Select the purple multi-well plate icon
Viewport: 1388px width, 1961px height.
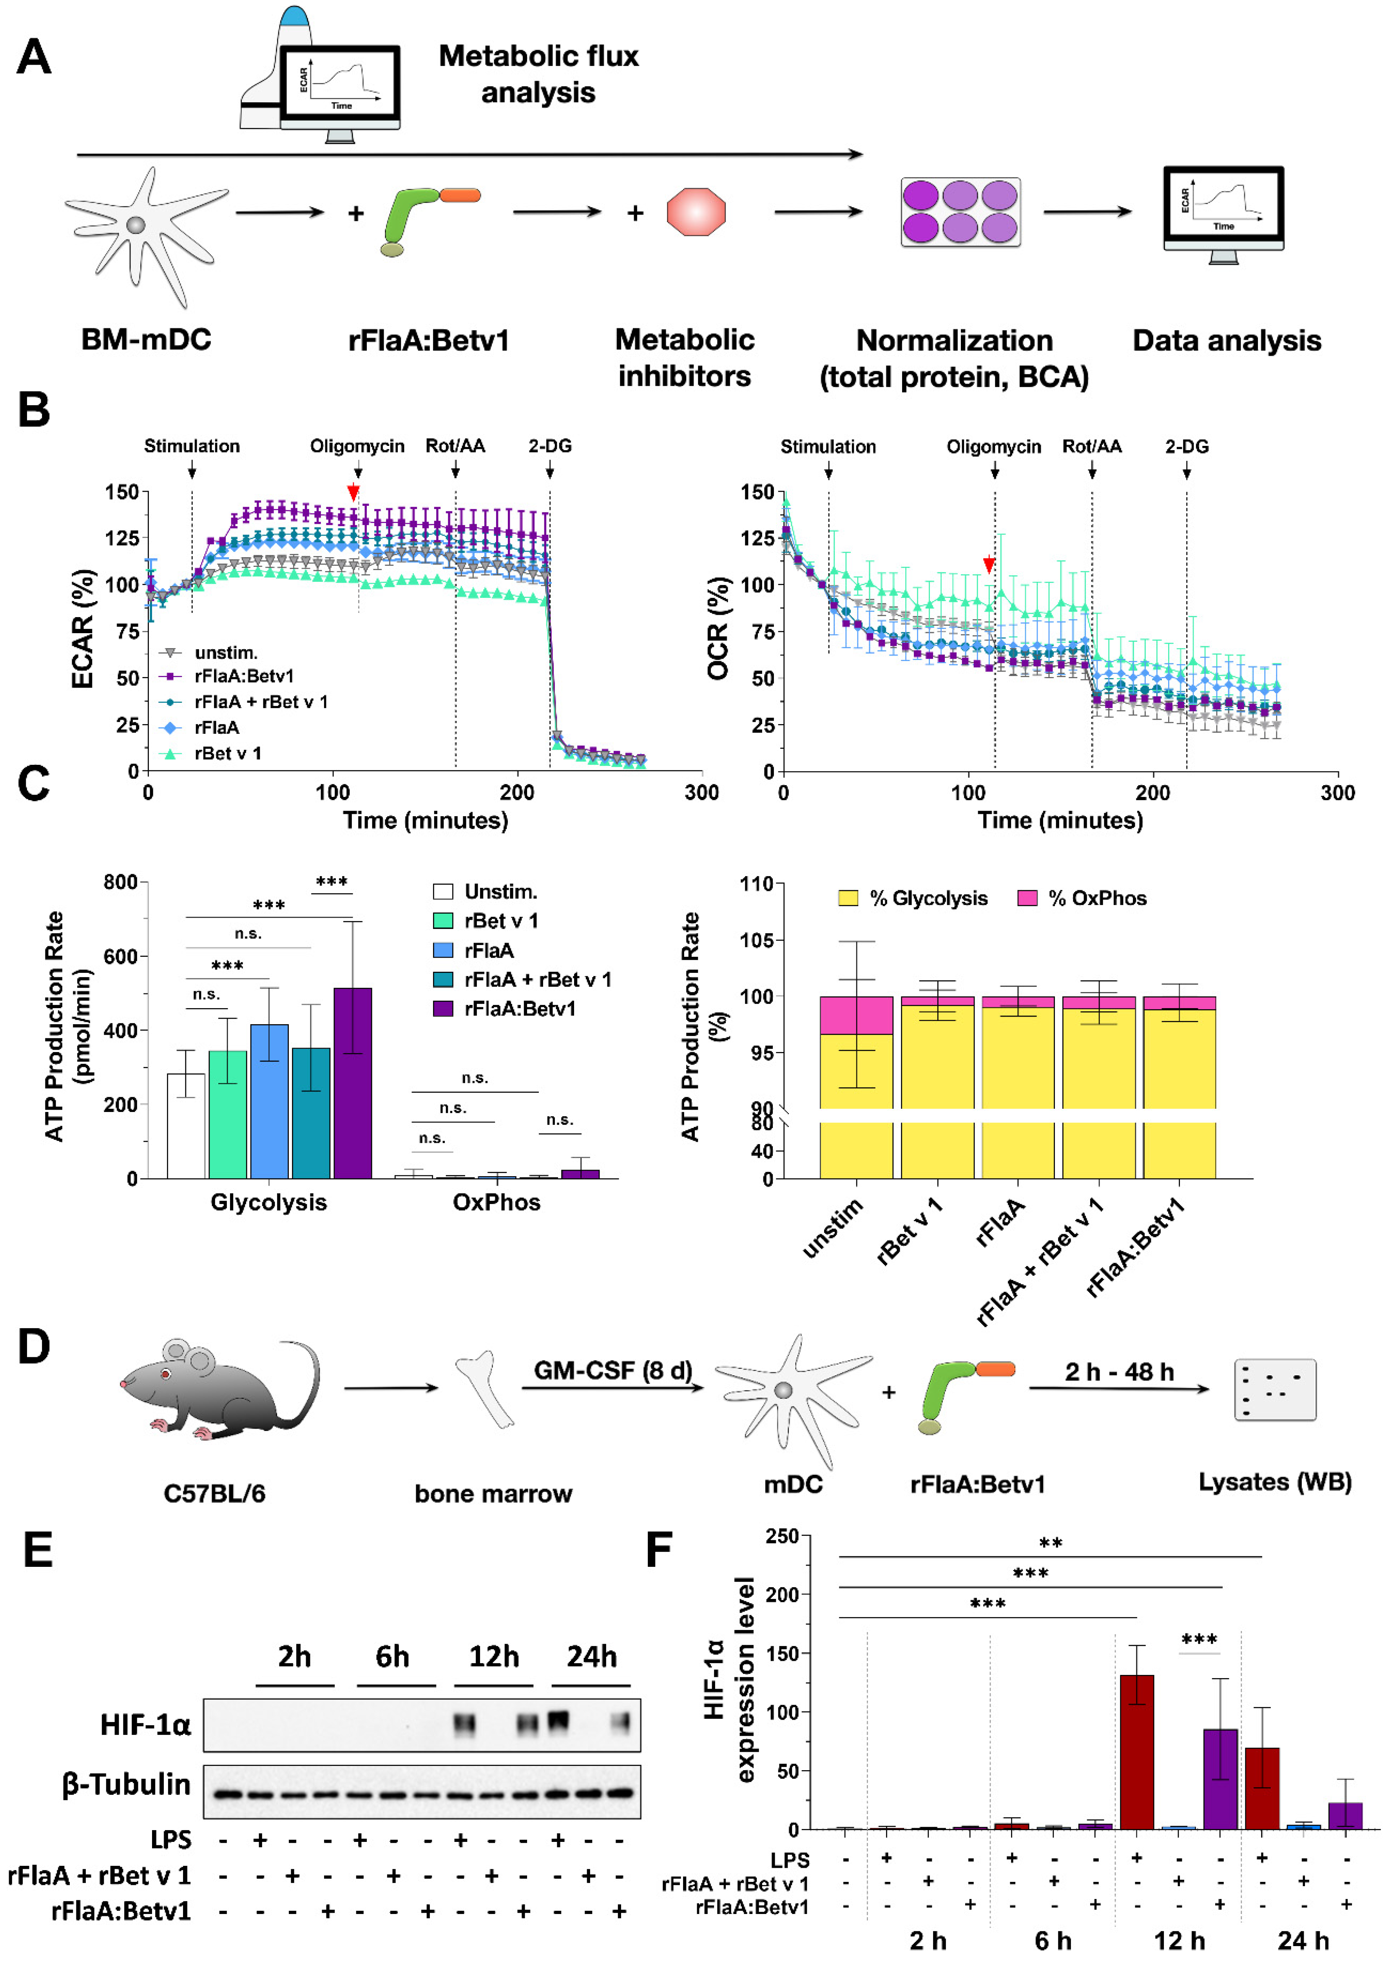960,212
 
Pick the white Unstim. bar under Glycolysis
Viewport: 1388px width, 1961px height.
185,1126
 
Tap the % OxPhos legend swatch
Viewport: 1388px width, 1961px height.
1026,897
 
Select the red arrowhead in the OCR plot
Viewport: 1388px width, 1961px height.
989,565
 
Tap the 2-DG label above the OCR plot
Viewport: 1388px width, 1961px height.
1186,446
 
